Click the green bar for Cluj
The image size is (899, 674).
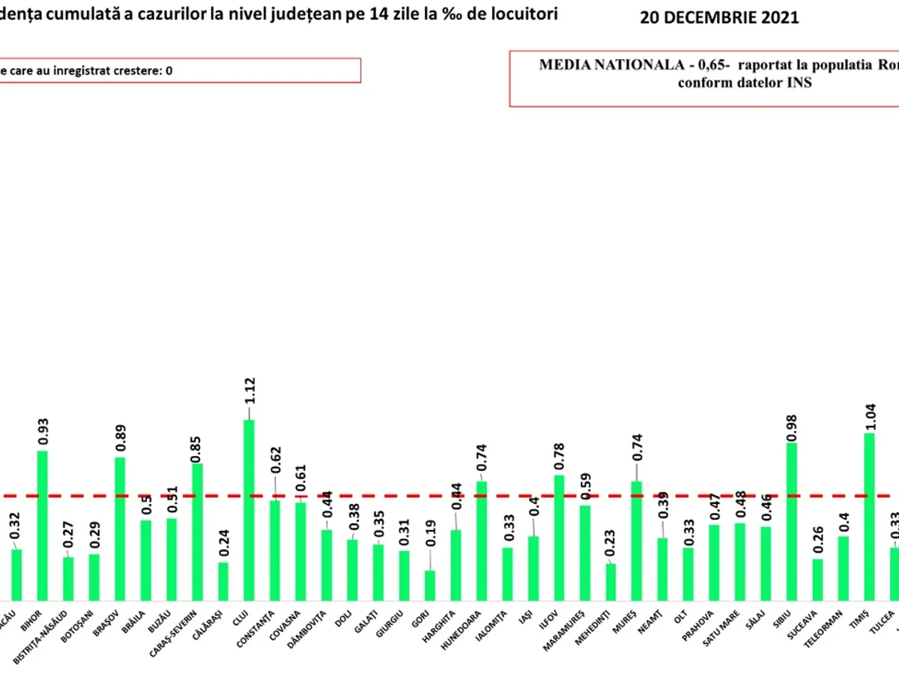[249, 509]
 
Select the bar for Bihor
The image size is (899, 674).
[43, 524]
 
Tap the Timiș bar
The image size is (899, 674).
[870, 516]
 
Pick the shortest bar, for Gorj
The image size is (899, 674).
[430, 585]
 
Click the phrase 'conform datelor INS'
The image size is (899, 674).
[745, 83]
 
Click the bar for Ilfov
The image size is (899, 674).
[560, 537]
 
